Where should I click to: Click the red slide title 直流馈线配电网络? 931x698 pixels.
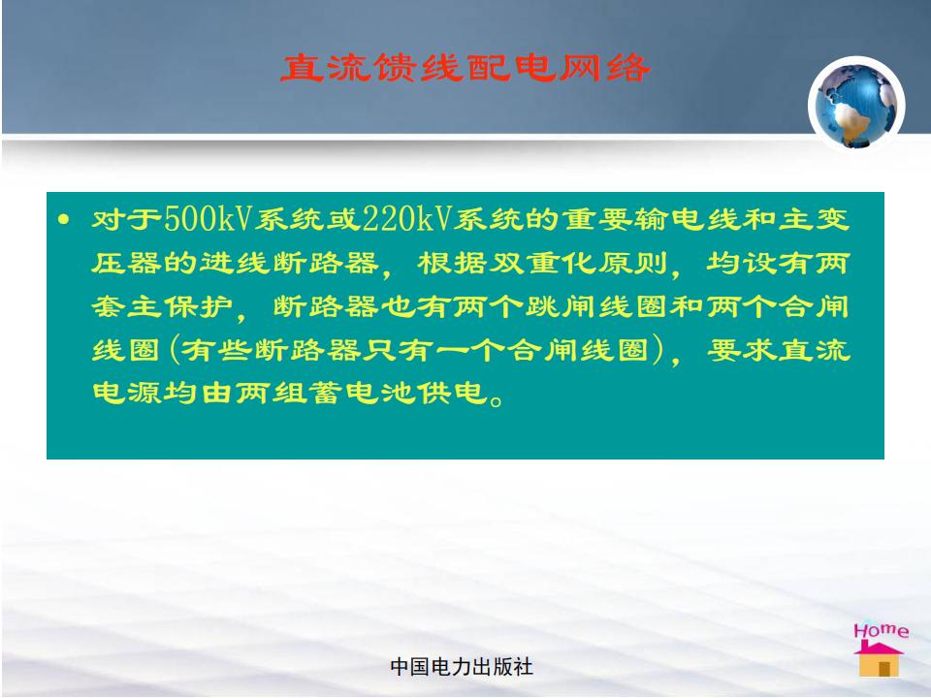point(465,68)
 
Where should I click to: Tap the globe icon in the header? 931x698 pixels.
point(856,104)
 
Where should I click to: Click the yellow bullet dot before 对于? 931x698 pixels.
point(64,220)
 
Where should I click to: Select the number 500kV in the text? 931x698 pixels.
point(208,218)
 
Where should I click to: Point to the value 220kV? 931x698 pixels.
point(406,218)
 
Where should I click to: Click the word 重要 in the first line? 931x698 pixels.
point(596,219)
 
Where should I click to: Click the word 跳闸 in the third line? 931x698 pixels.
point(562,306)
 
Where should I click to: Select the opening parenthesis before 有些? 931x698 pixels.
point(175,350)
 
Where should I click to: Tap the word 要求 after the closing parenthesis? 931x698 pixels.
point(742,350)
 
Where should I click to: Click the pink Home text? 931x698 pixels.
point(882,630)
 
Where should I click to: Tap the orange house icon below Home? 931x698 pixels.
point(880,659)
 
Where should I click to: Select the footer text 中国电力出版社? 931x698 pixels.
point(462,667)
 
